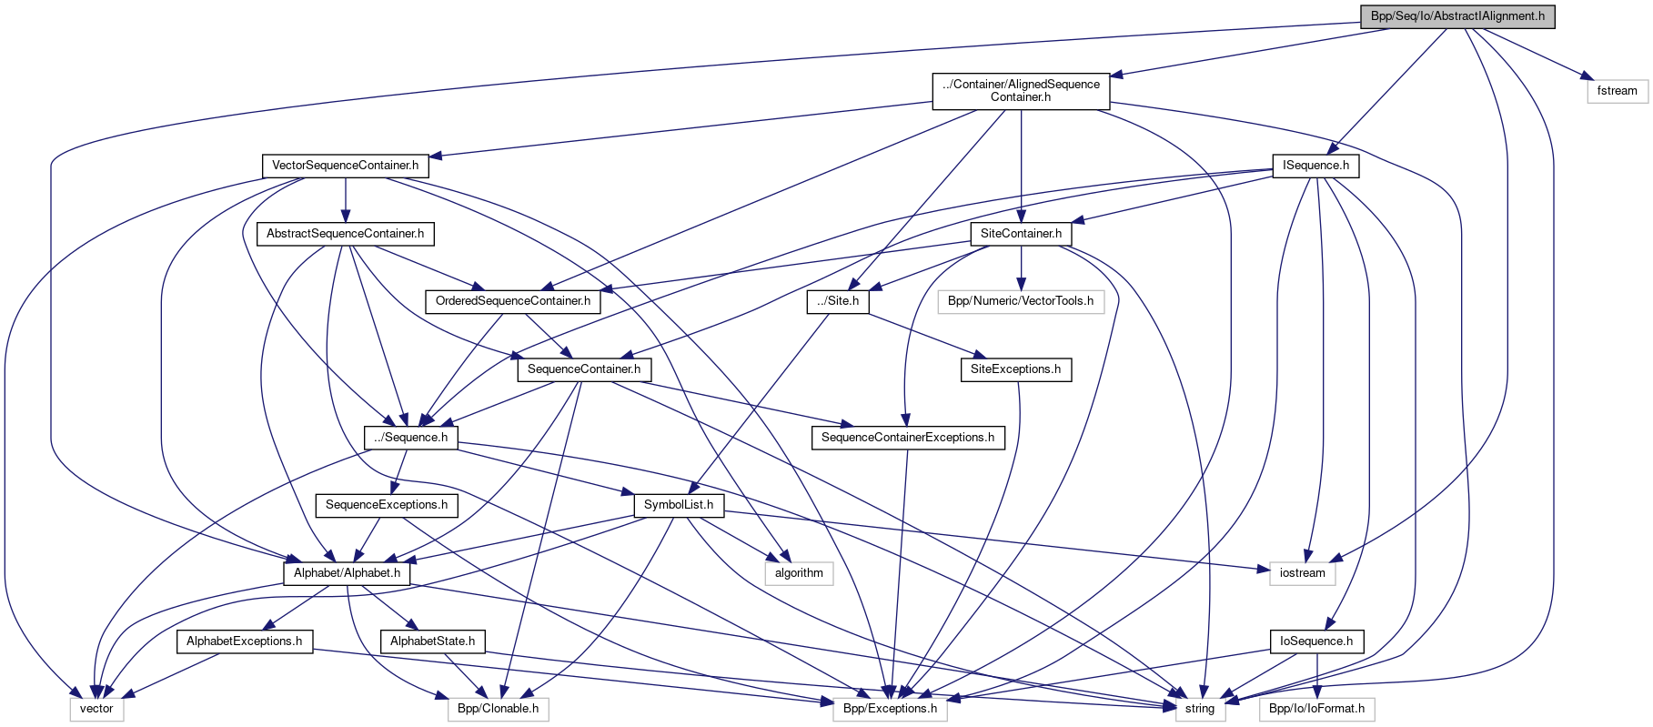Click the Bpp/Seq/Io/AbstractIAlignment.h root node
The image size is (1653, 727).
pos(1457,16)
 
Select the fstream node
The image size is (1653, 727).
pos(1617,91)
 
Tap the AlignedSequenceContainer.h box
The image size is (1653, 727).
pos(1021,91)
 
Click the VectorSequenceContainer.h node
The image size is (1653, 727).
pos(346,166)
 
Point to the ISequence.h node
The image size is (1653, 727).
pos(1315,166)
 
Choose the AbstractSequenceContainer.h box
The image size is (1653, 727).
pos(345,234)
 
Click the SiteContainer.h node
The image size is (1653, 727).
pos(1021,234)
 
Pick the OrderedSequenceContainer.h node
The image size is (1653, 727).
pos(512,301)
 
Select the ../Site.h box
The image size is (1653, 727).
pos(837,301)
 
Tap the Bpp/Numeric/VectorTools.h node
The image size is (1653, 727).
pos(1021,301)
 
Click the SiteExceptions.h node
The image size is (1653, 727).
pos(1015,369)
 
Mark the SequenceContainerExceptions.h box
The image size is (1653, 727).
pos(907,438)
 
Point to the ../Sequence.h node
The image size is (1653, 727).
pos(410,438)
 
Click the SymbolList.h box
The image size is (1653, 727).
pos(679,505)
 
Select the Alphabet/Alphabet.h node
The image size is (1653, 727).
pos(347,573)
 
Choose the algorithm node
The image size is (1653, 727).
pos(799,573)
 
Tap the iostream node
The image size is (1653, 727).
pos(1302,573)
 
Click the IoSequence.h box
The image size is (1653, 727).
pos(1316,641)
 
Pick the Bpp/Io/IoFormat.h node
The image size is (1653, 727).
pos(1316,709)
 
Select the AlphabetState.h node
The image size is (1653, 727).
pos(432,641)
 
